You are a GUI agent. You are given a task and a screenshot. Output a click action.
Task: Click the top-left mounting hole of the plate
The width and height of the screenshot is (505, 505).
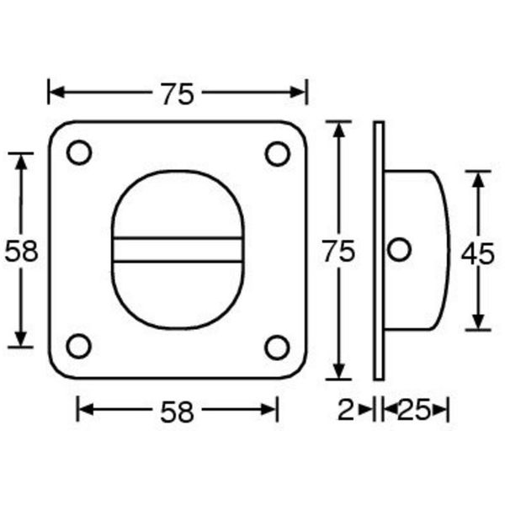point(78,153)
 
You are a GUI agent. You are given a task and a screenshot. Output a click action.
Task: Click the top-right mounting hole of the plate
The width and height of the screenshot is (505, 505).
point(277,153)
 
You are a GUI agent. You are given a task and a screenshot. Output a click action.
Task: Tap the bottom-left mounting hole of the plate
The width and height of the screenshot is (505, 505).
point(78,346)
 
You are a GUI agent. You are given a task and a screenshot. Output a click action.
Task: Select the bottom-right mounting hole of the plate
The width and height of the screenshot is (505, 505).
point(277,346)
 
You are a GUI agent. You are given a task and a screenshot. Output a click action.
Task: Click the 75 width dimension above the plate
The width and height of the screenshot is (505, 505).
point(178,94)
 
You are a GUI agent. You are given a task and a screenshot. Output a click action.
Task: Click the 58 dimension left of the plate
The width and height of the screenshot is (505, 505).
point(22,251)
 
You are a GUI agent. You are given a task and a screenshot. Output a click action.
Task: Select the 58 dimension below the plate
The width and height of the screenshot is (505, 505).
point(178,411)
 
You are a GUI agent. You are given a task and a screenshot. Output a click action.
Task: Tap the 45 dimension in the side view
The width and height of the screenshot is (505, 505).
point(478,252)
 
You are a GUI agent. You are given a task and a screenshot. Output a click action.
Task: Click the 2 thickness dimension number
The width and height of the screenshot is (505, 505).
point(345,411)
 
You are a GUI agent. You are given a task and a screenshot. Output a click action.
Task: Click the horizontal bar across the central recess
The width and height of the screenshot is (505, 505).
point(178,250)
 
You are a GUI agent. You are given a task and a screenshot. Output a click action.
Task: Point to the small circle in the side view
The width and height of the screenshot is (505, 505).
point(400,250)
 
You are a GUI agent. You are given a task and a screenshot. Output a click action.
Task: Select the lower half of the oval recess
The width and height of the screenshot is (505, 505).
point(178,295)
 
